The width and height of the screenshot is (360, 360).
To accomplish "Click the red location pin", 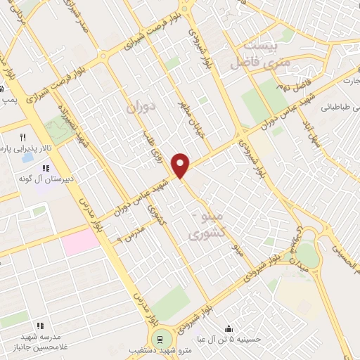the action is (181, 164).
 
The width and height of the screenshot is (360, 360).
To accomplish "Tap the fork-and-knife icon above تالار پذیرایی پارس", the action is (22, 137).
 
